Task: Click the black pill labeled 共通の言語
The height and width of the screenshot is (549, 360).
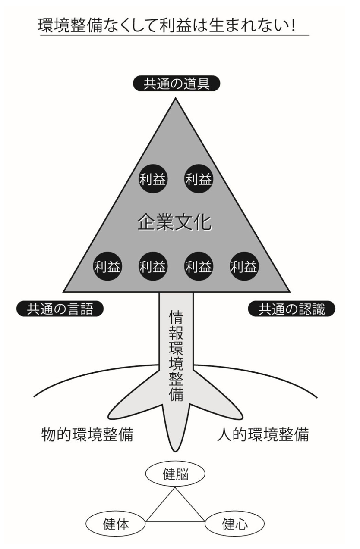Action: (60, 309)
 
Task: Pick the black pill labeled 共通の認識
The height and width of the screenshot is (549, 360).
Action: (291, 309)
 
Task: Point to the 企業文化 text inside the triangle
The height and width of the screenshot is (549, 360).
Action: (174, 223)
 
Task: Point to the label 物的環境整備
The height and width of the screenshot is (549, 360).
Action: (87, 434)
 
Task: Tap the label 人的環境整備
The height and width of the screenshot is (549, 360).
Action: (262, 434)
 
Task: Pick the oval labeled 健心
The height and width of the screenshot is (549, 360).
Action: (234, 524)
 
